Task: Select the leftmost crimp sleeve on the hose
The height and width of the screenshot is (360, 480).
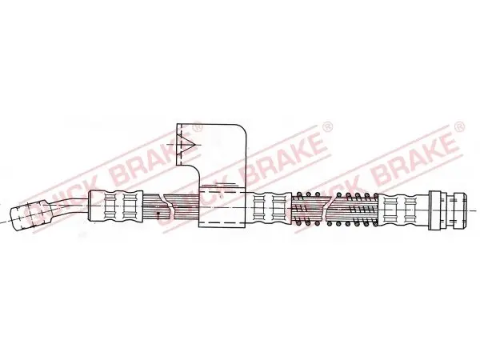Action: click(115, 206)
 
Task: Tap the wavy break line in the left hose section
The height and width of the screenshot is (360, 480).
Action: click(170, 206)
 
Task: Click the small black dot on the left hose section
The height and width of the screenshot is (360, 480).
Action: click(158, 213)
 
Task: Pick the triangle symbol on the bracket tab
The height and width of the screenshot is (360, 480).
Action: click(186, 144)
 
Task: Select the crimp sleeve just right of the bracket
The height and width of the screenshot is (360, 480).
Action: click(272, 207)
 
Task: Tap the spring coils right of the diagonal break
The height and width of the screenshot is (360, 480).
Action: click(354, 210)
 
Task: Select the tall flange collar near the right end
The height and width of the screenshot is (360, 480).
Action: click(435, 210)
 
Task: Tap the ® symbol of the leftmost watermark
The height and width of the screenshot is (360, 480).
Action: click(198, 126)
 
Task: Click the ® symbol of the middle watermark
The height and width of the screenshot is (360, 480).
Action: click(328, 126)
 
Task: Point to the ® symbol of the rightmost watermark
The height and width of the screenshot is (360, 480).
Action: click(460, 126)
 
